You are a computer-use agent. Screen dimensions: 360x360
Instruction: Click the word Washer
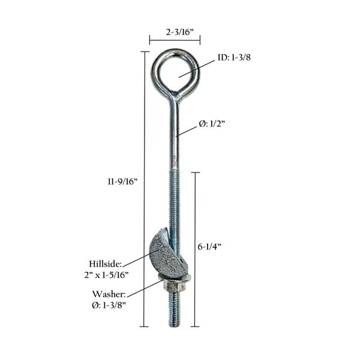(108, 295)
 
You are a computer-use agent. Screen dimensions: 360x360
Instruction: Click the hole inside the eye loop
(174, 71)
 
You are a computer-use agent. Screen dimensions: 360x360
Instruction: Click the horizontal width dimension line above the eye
(175, 40)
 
